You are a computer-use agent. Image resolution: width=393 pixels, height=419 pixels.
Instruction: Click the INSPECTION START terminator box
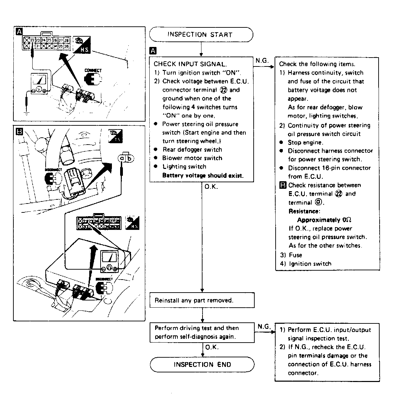pos(201,35)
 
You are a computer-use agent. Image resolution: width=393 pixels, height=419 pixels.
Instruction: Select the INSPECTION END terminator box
pos(202,365)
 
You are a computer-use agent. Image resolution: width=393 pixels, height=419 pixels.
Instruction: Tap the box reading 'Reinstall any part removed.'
pos(202,300)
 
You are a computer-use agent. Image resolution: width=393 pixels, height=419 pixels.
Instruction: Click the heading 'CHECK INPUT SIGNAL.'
pos(190,64)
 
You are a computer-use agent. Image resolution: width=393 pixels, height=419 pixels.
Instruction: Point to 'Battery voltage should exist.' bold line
pos(203,176)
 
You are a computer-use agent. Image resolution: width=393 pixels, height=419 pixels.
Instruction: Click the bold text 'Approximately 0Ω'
pos(324,220)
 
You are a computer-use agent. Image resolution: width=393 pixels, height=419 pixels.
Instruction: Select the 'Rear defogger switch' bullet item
pos(192,150)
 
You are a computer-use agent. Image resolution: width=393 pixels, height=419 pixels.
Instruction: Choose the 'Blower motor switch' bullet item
pos(192,158)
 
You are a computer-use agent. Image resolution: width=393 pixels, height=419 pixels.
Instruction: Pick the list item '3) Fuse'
pos(291,255)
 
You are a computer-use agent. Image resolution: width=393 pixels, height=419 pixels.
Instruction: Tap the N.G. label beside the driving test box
pos(264,326)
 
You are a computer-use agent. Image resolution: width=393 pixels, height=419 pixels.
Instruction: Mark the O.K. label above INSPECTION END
pos(212,347)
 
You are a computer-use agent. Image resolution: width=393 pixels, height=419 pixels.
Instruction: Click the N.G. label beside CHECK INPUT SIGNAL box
pos(262,61)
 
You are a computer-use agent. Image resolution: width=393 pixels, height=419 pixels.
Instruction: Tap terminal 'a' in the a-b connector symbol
pos(122,158)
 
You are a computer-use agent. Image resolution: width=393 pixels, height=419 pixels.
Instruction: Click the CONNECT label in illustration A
pos(93,71)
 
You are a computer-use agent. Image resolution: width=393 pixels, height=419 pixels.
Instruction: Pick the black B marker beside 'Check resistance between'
pos(283,185)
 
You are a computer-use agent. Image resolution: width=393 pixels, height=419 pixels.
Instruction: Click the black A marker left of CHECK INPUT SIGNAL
pos(153,51)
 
